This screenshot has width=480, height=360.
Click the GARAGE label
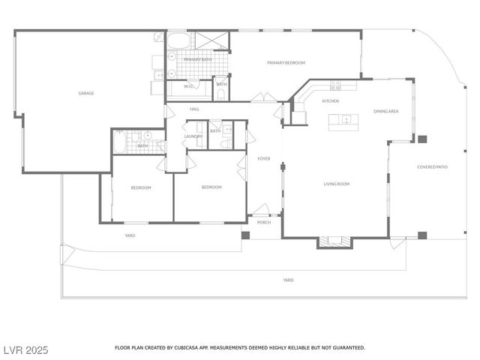(x=86, y=94)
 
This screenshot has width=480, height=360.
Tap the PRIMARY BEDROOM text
(x=286, y=63)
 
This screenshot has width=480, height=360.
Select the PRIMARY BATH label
(x=187, y=59)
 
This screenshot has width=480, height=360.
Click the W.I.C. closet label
(x=189, y=85)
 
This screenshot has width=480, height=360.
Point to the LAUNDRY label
(x=193, y=136)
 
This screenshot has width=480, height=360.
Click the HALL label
(x=194, y=109)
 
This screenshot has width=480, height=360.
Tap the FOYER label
(x=264, y=159)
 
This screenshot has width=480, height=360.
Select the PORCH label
(x=264, y=221)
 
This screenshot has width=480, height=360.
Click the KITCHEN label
(x=331, y=100)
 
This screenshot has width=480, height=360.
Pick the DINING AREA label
(x=385, y=111)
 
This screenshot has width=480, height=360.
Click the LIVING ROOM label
(x=337, y=184)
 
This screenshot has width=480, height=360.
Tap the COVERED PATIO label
(x=432, y=166)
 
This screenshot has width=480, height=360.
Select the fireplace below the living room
(x=334, y=241)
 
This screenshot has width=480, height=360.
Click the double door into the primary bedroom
(x=263, y=97)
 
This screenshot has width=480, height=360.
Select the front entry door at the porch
(x=260, y=209)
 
